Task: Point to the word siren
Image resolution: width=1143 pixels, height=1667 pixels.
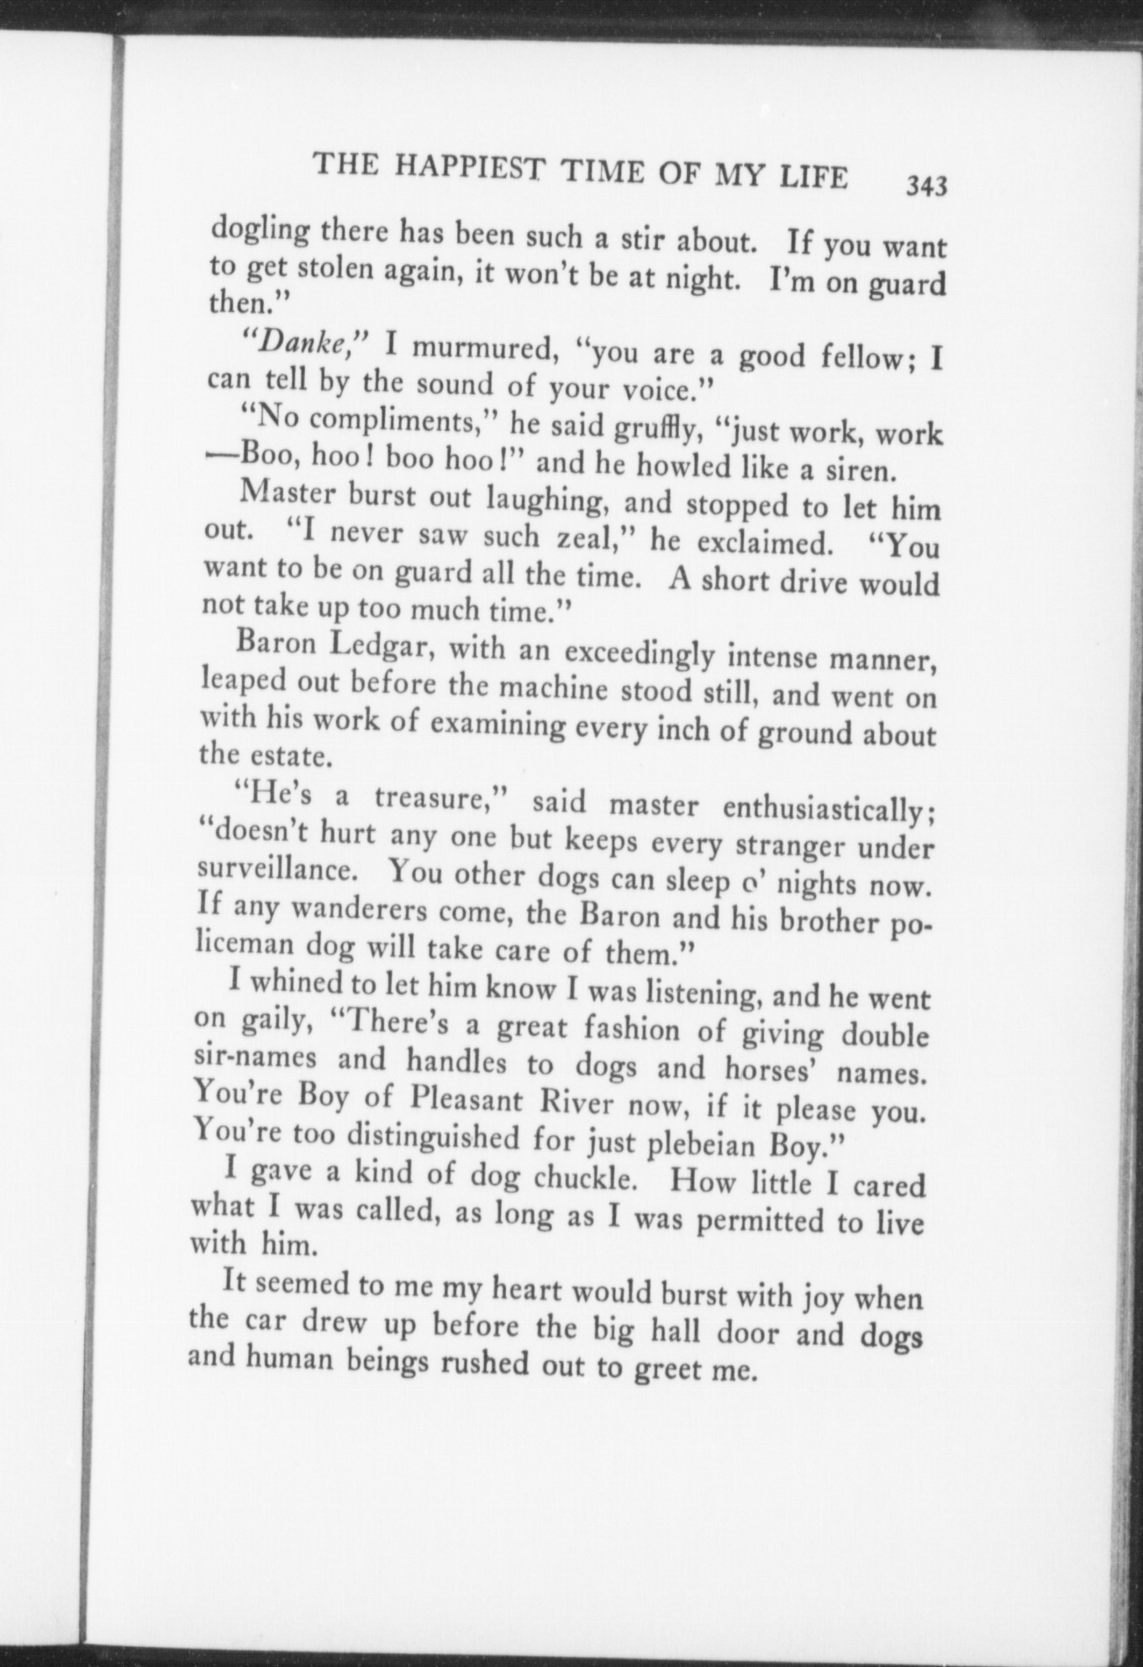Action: coord(854,469)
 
